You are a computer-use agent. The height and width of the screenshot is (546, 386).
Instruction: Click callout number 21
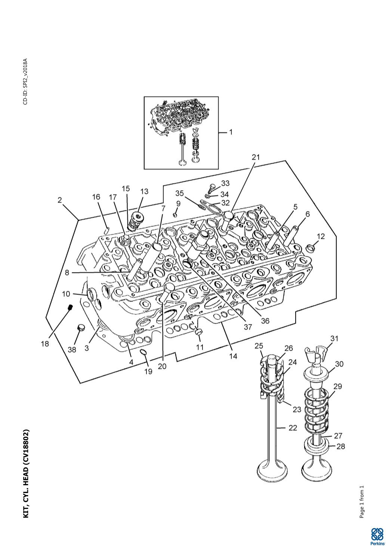[x=256, y=157]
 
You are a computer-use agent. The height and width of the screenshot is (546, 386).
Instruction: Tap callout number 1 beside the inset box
[x=231, y=132]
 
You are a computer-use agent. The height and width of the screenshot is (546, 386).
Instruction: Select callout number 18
[x=45, y=344]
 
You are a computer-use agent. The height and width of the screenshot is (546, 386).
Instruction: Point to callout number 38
[x=72, y=350]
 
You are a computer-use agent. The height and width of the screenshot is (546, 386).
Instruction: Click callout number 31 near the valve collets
[x=334, y=338]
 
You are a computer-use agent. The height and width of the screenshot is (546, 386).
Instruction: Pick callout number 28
[x=341, y=446]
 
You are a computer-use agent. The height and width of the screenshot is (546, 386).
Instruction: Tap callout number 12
[x=321, y=236]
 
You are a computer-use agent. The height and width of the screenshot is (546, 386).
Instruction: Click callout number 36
[x=265, y=321]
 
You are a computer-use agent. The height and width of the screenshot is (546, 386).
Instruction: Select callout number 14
[x=233, y=356]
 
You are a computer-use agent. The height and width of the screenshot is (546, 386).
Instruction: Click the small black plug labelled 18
[x=70, y=308]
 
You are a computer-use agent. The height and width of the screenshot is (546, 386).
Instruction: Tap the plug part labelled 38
[x=81, y=327]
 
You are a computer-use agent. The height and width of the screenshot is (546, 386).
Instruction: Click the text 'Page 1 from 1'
[x=362, y=501]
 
